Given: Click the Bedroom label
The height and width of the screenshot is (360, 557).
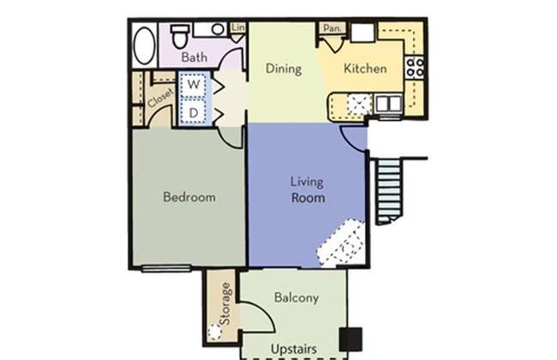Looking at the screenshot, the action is (189, 197).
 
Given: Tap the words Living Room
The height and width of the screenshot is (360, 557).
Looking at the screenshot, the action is (308, 189).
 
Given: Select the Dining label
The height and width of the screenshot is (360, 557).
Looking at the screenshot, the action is (284, 69).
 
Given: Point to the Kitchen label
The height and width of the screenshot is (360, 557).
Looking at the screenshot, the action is (365, 69).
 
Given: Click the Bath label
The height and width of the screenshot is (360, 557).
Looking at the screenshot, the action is (194, 57).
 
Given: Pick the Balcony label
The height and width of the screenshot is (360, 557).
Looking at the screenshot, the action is (296, 297).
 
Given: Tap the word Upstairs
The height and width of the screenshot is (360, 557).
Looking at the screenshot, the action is (294, 349).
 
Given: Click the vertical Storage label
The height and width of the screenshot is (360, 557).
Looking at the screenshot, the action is (225, 303).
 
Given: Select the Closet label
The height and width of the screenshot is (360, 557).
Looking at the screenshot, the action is (160, 98).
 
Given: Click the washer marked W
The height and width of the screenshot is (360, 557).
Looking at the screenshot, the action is (194, 85).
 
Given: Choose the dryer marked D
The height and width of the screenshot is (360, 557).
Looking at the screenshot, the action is (194, 112).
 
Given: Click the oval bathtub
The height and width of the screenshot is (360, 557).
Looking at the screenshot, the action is (144, 45).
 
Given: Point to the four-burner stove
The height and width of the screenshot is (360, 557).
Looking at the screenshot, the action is (415, 67).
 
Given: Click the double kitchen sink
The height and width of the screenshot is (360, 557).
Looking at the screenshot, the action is (389, 104).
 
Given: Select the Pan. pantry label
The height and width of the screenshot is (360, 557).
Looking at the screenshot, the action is (332, 28).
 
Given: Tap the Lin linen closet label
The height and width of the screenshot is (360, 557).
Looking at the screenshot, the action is (238, 27).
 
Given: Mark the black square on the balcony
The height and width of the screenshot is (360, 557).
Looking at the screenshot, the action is (350, 339).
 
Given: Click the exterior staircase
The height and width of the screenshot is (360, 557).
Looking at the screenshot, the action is (390, 191).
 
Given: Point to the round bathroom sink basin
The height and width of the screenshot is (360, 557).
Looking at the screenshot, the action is (219, 29).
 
